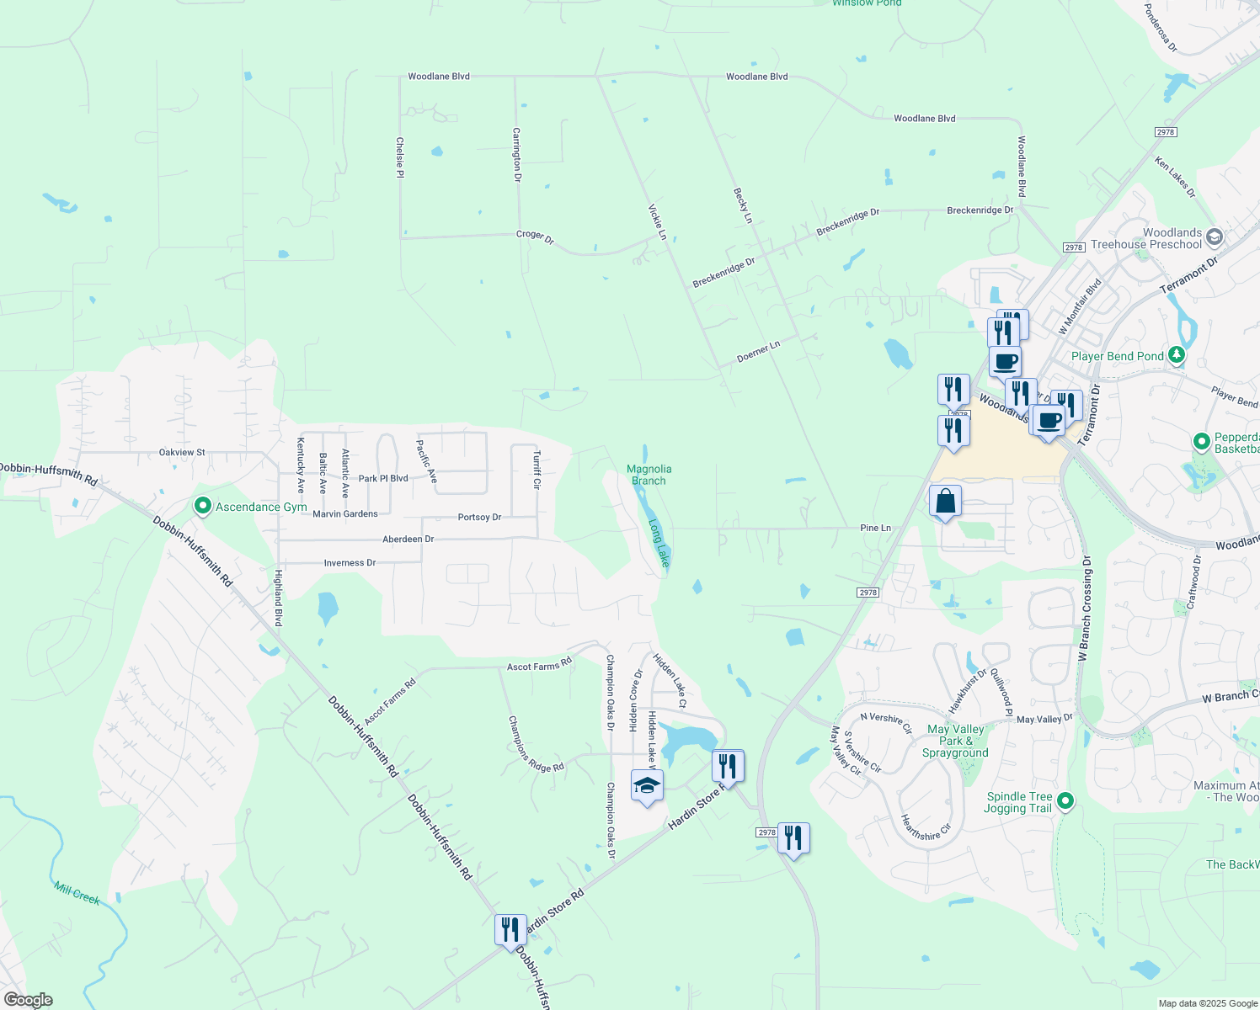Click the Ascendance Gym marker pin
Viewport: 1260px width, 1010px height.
(x=202, y=507)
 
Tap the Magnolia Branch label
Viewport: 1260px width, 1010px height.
(x=649, y=475)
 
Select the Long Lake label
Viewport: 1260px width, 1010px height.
(x=659, y=543)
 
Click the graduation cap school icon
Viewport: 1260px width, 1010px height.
(x=647, y=786)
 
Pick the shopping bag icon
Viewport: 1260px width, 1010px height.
(x=945, y=502)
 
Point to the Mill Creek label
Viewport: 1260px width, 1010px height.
(x=77, y=893)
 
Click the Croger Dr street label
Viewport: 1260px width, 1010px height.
(x=535, y=237)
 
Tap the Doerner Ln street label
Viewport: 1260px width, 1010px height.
(x=758, y=351)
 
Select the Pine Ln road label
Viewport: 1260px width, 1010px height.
(x=875, y=528)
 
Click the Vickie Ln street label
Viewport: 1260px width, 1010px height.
(x=657, y=221)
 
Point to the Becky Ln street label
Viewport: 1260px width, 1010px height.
(x=742, y=205)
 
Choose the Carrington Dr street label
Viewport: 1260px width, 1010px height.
(x=517, y=155)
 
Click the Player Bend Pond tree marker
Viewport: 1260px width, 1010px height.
(x=1177, y=356)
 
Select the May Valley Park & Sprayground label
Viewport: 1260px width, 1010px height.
(x=955, y=741)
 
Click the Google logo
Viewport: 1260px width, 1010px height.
(x=28, y=1000)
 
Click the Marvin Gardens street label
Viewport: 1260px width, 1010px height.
(x=345, y=513)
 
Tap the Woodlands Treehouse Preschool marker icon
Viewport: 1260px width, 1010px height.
(x=1214, y=237)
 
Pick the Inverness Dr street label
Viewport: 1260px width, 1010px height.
(x=350, y=562)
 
